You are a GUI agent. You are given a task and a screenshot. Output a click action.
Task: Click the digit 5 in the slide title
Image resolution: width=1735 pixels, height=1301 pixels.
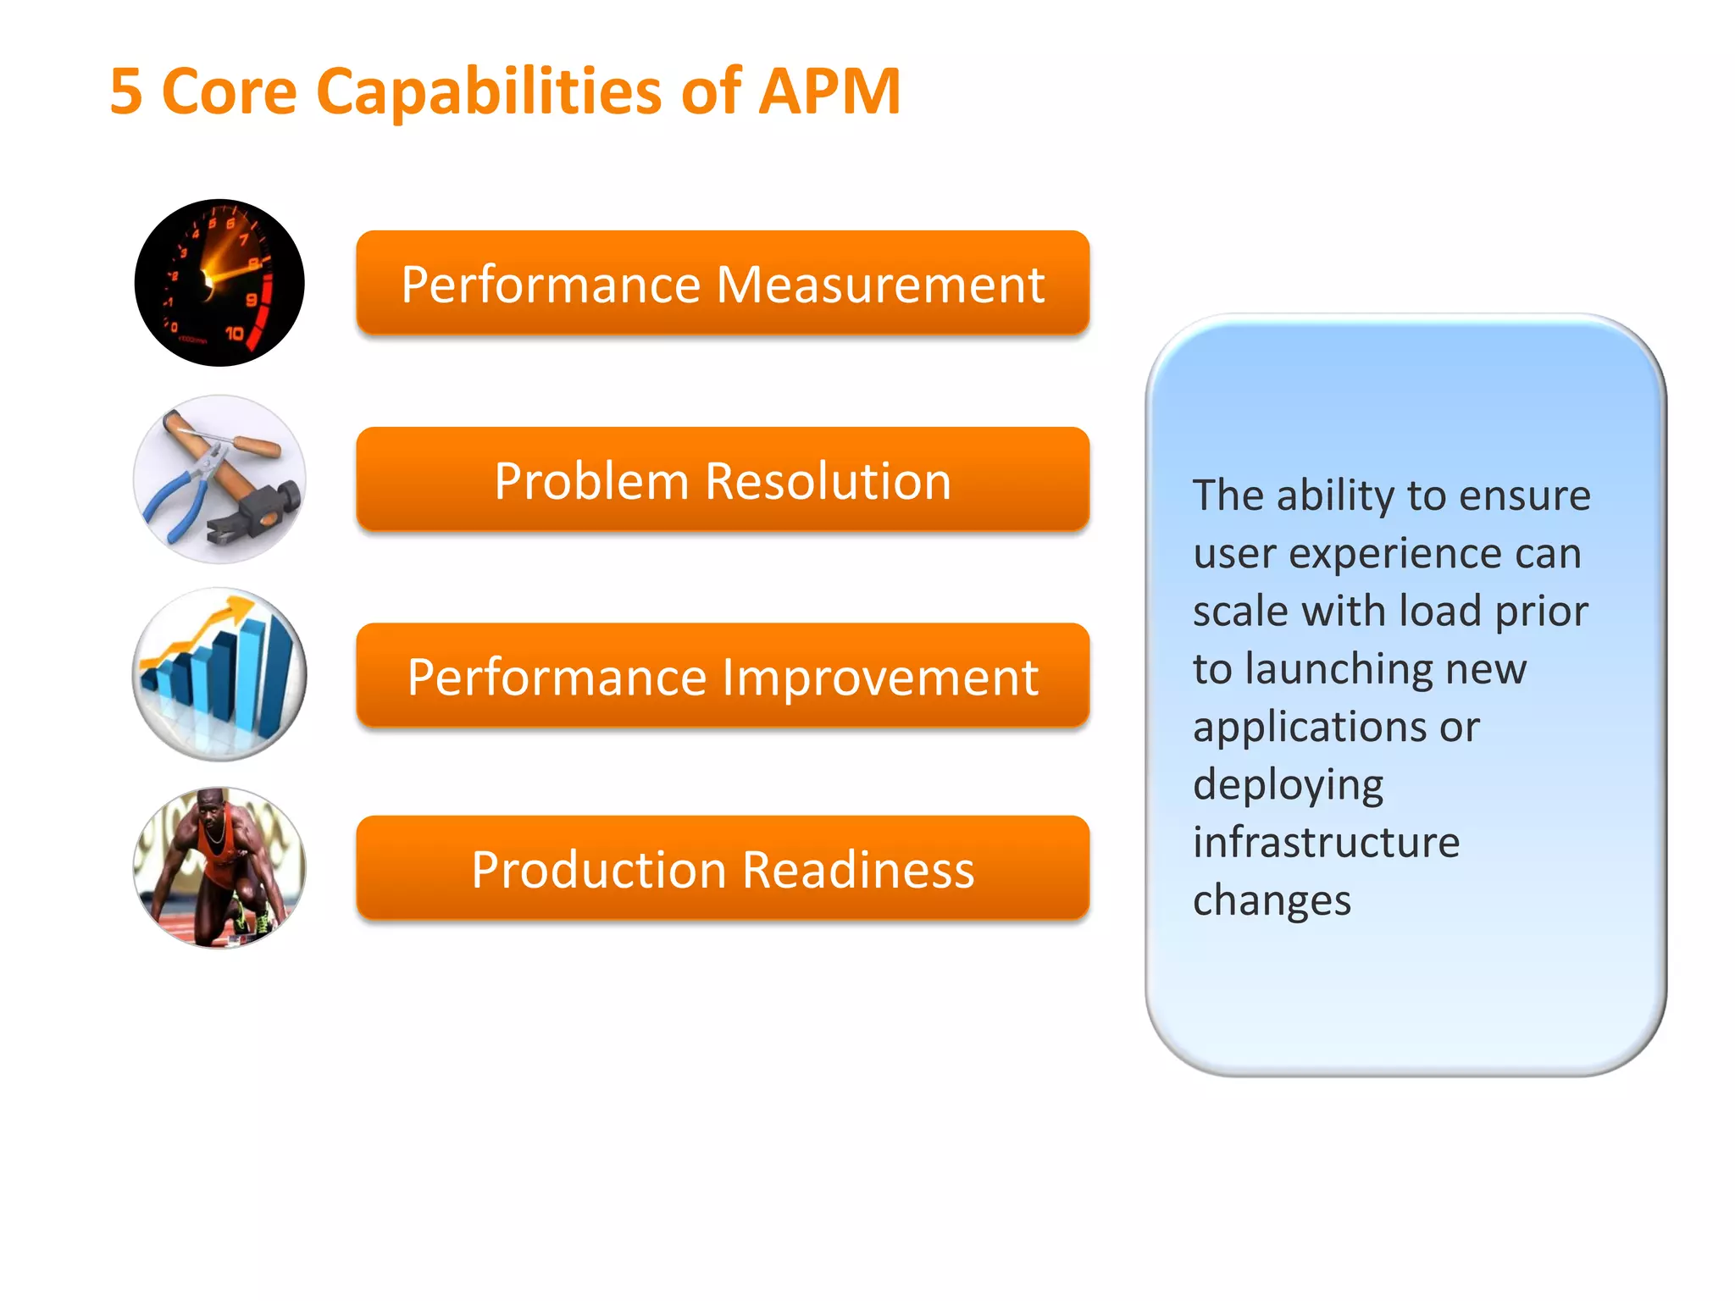pos(125,91)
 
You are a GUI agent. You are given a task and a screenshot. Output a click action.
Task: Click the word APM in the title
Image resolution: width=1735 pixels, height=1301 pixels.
pos(829,91)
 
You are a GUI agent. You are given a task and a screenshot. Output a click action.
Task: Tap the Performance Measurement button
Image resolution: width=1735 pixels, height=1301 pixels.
pos(722,284)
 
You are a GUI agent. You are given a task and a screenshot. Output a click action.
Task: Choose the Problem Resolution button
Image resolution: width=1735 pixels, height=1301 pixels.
pos(722,480)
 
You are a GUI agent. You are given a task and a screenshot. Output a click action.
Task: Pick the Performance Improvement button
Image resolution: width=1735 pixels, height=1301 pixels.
pos(722,676)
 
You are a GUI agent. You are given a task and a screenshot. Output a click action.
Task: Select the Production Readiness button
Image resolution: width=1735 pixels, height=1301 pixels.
pos(722,869)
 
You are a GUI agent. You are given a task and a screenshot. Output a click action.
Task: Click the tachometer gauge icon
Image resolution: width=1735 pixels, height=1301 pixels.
pos(219,283)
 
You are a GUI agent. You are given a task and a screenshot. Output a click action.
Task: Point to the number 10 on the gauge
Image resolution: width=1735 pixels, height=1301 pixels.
pos(234,334)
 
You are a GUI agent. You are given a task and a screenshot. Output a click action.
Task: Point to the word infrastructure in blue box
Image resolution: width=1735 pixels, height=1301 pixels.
pos(1326,842)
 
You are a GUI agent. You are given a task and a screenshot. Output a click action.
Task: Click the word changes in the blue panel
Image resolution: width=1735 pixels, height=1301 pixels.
pos(1271,900)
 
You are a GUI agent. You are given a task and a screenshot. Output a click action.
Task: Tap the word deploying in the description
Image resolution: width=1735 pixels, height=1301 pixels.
pos(1288,785)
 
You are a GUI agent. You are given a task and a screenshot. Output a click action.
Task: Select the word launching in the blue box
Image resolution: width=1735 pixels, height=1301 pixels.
pos(1340,669)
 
